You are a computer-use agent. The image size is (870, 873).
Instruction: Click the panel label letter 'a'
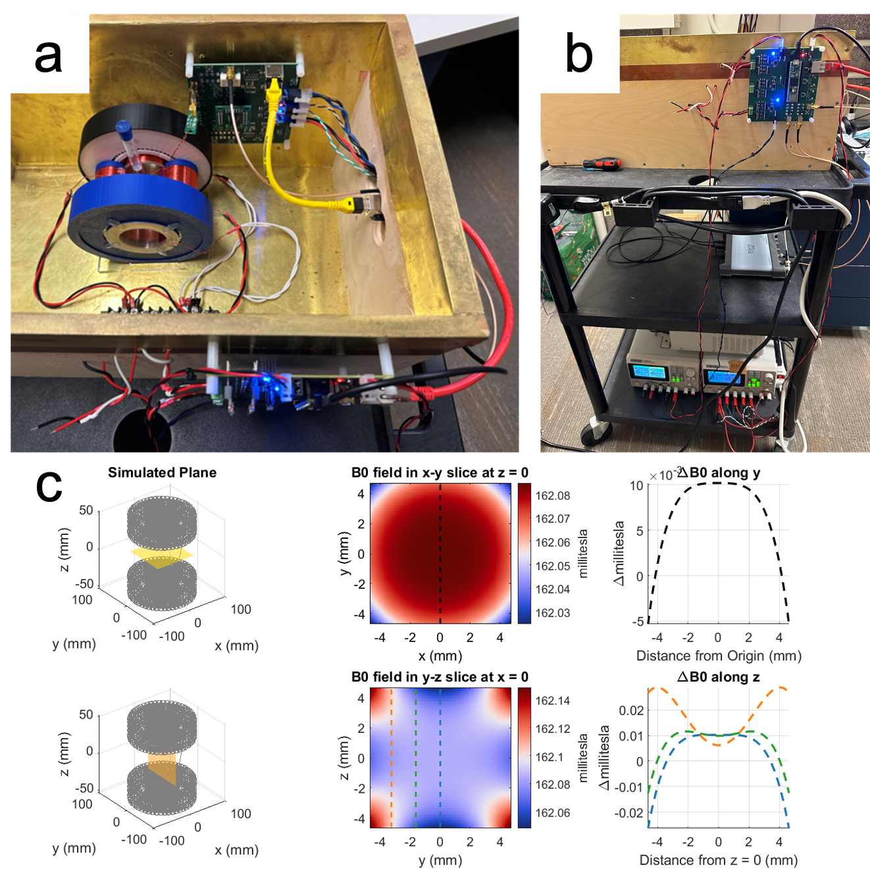point(48,57)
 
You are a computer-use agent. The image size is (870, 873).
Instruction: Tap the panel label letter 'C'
point(49,487)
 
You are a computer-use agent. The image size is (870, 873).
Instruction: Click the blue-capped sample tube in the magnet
point(129,145)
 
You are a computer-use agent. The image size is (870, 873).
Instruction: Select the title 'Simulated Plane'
point(162,472)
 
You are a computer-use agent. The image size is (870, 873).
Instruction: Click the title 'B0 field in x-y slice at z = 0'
point(440,472)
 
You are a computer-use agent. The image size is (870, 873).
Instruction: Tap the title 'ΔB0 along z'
point(718,677)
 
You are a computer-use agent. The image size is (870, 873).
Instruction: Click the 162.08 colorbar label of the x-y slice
point(552,495)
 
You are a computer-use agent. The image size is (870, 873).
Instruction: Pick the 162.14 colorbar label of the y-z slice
point(552,701)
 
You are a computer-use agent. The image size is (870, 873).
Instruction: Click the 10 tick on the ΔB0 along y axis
point(636,486)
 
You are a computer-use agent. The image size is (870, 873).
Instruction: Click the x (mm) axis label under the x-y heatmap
point(440,655)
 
